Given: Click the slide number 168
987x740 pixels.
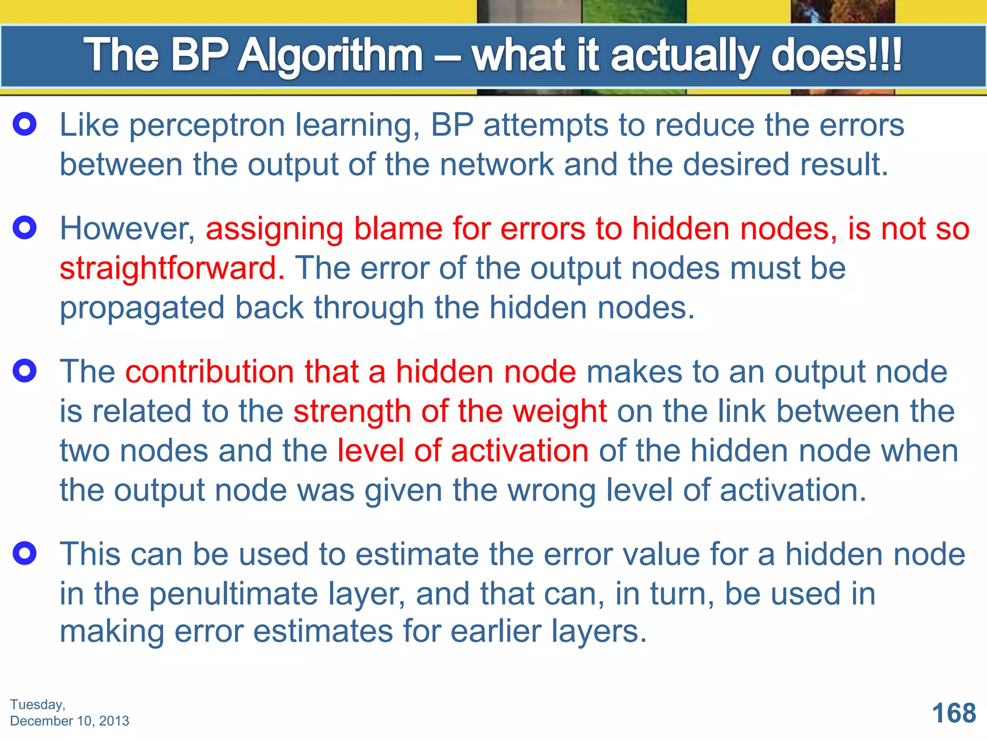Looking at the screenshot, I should click(954, 713).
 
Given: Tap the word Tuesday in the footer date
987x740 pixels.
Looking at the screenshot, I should click(37, 705).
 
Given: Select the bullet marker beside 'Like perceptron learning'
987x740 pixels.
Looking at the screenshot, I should click(25, 124).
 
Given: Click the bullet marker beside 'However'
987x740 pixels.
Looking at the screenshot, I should click(25, 227).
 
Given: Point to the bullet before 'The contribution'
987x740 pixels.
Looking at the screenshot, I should click(25, 371).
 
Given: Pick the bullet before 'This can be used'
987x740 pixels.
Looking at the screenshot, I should click(25, 553).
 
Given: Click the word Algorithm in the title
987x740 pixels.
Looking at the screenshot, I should click(331, 56).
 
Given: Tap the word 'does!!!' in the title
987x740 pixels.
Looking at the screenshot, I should click(836, 56).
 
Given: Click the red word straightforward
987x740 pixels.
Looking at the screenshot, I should click(172, 268).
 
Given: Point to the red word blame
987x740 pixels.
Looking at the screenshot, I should click(398, 228).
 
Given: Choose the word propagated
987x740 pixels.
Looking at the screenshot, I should click(142, 308).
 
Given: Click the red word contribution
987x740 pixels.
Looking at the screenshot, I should click(210, 372).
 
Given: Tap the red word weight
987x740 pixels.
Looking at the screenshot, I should click(559, 412).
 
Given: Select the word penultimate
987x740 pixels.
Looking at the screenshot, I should click(233, 594).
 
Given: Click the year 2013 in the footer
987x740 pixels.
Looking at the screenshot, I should click(114, 721).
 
